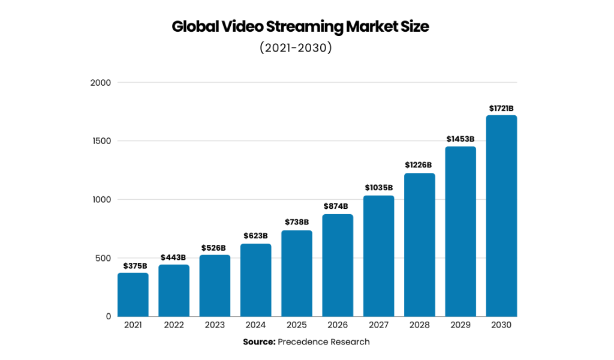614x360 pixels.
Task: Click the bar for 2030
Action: [x=501, y=216]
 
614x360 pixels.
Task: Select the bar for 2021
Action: [x=133, y=295]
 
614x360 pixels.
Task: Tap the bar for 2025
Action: [x=296, y=274]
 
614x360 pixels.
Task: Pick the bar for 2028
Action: [x=419, y=245]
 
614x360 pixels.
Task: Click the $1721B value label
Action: [x=501, y=109]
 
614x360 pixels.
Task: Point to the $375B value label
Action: [x=133, y=266]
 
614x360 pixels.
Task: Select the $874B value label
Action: [x=337, y=206]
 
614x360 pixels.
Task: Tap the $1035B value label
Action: [x=378, y=188]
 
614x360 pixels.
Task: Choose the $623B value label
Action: [x=255, y=236]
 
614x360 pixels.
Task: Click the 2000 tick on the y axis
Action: [x=100, y=83]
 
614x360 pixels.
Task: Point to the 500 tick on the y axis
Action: [x=103, y=258]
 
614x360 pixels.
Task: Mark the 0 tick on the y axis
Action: [x=108, y=316]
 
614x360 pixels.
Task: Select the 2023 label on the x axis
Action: [x=214, y=325]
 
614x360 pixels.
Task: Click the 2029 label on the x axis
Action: [x=460, y=325]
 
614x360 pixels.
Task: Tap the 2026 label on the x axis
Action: [x=337, y=325]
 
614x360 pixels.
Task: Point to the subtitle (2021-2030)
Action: [x=296, y=48]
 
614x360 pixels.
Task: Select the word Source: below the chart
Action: [x=259, y=342]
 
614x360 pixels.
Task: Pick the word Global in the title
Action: [x=192, y=27]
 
